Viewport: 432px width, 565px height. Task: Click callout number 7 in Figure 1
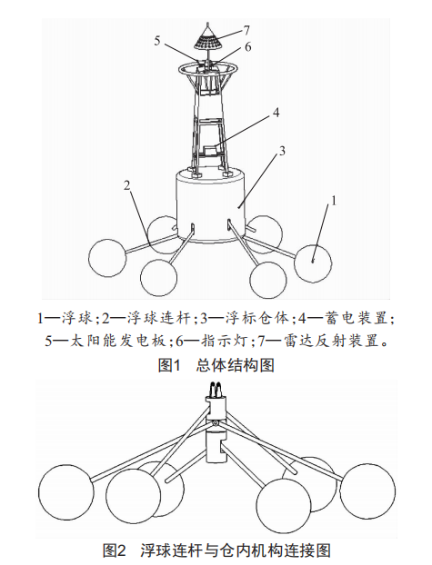[246, 31]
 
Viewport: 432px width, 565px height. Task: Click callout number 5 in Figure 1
[157, 41]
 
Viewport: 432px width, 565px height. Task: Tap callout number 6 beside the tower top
[248, 47]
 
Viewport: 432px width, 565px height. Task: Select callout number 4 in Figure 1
[276, 113]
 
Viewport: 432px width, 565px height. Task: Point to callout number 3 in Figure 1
[282, 151]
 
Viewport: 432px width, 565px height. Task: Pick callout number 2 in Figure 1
[126, 185]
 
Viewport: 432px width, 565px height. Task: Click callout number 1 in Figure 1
[334, 201]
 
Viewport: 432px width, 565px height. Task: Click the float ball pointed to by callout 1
[313, 263]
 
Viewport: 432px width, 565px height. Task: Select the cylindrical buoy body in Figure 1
[210, 204]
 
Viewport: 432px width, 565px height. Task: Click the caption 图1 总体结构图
[216, 365]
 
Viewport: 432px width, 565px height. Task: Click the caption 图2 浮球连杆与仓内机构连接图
[216, 550]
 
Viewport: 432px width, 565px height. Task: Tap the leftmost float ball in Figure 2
[66, 491]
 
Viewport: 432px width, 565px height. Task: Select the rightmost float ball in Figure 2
[367, 491]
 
